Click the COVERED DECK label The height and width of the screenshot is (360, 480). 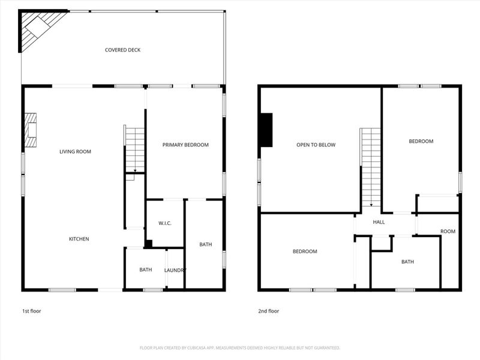pyautogui.click(x=122, y=50)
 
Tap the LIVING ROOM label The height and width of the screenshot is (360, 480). pyautogui.click(x=75, y=152)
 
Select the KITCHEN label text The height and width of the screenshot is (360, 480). pyautogui.click(x=79, y=239)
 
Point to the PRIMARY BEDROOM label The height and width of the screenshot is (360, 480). pyautogui.click(x=185, y=145)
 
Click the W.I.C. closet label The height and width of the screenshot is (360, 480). pyautogui.click(x=165, y=223)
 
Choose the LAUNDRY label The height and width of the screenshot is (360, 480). pyautogui.click(x=175, y=270)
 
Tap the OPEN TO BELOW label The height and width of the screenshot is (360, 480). pyautogui.click(x=316, y=145)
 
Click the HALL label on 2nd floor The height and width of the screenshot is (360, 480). pyautogui.click(x=379, y=222)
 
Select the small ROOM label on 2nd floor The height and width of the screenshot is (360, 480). pyautogui.click(x=448, y=232)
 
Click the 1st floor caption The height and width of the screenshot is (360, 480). pyautogui.click(x=32, y=311)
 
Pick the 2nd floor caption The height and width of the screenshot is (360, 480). pyautogui.click(x=269, y=311)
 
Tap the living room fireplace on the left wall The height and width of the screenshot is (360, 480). pyautogui.click(x=31, y=130)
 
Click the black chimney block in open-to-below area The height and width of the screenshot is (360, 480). pyautogui.click(x=266, y=130)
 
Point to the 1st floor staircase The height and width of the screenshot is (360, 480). pyautogui.click(x=135, y=148)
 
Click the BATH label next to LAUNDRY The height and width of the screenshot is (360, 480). pyautogui.click(x=145, y=269)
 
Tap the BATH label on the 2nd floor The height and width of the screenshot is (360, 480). pyautogui.click(x=407, y=262)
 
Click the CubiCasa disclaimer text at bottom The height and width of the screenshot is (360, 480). pyautogui.click(x=240, y=347)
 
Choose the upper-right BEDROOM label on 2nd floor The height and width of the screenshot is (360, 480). pyautogui.click(x=421, y=141)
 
